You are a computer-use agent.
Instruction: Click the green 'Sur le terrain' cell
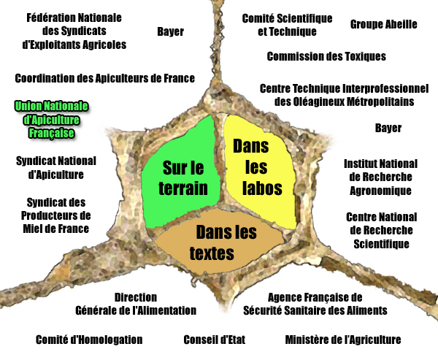[x=180, y=173]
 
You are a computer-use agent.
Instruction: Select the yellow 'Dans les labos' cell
[x=260, y=170]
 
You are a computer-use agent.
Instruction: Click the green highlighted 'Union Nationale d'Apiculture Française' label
[x=51, y=120]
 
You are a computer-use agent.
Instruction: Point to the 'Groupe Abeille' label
[x=383, y=25]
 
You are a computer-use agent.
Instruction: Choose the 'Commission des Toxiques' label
[x=326, y=56]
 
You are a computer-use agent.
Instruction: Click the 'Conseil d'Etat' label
[x=214, y=340]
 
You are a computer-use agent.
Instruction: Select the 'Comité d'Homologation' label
[x=89, y=340]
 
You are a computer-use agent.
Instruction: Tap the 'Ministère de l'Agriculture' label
[x=343, y=340]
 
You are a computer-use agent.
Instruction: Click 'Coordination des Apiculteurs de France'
[x=104, y=78]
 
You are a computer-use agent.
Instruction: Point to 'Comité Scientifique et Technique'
[x=287, y=25]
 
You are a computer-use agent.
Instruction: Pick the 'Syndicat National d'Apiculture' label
[x=56, y=168]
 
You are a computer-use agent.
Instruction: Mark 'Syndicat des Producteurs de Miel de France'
[x=56, y=215]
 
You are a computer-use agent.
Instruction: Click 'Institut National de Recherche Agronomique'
[x=380, y=177]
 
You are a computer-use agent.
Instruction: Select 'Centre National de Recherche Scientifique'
[x=381, y=231]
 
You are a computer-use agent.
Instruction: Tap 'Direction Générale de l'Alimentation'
[x=136, y=304]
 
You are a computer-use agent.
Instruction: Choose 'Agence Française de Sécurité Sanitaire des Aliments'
[x=315, y=304]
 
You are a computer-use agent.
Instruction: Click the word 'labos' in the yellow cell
[x=262, y=188]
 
